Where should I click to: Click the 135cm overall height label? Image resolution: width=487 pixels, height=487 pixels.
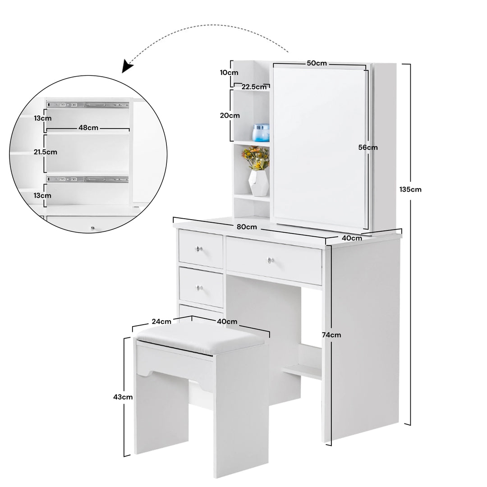pos(410,189)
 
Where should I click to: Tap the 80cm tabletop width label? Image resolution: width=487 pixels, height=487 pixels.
pos(247,227)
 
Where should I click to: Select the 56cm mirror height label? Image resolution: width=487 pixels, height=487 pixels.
pos(368,147)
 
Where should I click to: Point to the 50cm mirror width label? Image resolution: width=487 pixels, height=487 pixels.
pos(317,63)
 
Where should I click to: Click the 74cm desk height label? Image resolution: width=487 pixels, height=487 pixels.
pos(331,335)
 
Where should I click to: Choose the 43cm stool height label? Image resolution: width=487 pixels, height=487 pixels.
pos(123,397)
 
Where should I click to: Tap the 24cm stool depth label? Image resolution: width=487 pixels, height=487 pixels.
pos(161,322)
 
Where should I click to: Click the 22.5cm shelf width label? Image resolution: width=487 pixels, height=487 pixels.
pos(254,87)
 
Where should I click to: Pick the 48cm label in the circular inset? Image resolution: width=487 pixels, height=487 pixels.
pos(88,128)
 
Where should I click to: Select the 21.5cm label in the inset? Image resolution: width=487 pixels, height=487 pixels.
pos(46,152)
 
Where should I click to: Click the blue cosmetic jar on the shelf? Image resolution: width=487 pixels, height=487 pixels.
pos(261,133)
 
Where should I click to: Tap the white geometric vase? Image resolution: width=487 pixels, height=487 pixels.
pos(259,183)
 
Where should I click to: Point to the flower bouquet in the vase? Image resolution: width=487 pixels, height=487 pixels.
pos(256,158)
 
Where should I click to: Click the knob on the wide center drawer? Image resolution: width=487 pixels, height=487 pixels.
pos(271,260)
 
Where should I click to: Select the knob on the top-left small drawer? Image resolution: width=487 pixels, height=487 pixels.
pos(199,249)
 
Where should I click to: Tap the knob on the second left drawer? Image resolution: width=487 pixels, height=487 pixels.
pos(199,288)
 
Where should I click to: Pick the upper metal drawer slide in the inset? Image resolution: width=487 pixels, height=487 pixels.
pos(87,105)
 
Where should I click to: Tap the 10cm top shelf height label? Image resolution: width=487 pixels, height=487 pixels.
pos(229,73)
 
